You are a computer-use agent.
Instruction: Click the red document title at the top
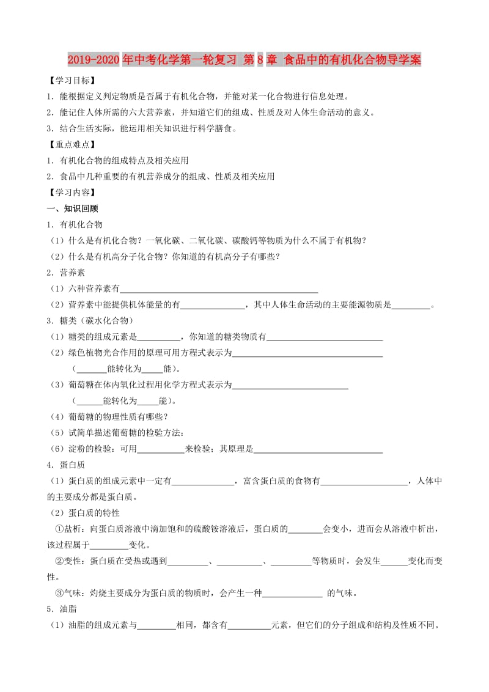pyautogui.click(x=244, y=61)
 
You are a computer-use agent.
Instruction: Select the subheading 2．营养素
pyautogui.click(x=66, y=273)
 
